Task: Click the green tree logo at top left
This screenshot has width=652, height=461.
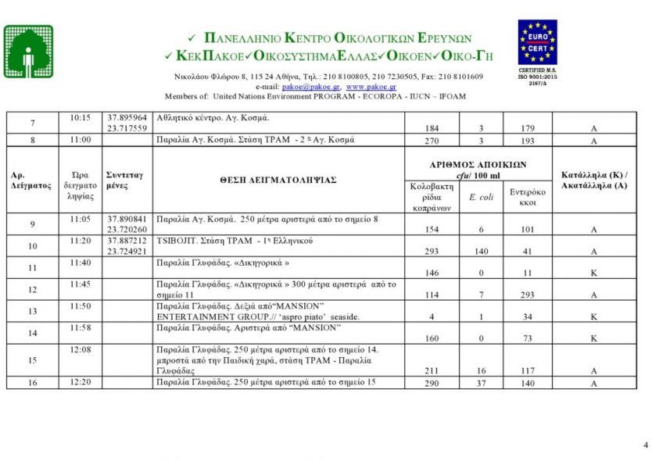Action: [29, 52]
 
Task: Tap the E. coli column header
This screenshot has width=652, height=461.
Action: [481, 197]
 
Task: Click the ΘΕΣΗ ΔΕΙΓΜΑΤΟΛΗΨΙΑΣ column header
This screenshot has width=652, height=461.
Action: [278, 180]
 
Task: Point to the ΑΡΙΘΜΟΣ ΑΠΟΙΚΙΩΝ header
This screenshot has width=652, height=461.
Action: [478, 165]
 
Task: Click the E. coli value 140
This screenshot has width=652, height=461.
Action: [481, 252]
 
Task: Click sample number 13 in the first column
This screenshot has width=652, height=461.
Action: [33, 311]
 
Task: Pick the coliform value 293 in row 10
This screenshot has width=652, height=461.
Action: [431, 252]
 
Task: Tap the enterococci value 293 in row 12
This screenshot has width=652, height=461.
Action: [528, 295]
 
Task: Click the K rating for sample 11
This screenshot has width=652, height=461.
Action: [594, 273]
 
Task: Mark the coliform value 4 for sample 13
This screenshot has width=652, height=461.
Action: [431, 317]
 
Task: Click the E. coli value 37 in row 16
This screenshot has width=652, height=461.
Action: [481, 384]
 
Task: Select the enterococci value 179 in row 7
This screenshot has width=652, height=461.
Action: [528, 128]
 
